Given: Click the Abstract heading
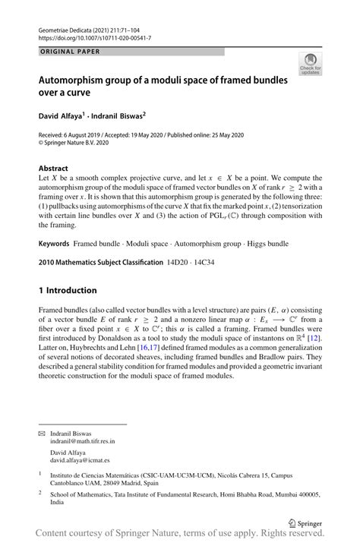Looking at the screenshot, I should (x=55, y=168).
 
